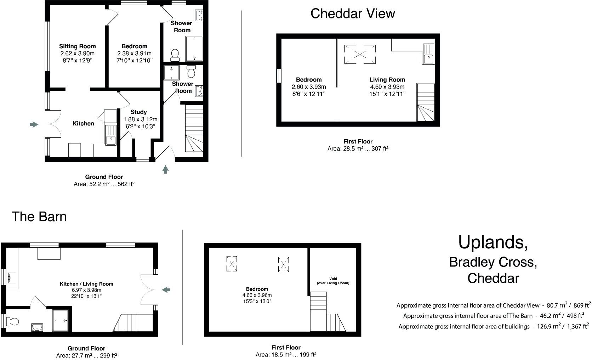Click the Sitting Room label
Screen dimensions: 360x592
coord(77,46)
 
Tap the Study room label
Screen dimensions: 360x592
coord(138,112)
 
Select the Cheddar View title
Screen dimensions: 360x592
coord(352,13)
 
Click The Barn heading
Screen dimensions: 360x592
coord(39,216)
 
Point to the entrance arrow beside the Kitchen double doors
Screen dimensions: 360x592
coord(34,124)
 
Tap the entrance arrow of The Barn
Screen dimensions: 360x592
coord(166,290)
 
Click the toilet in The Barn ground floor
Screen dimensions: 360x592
coord(13,321)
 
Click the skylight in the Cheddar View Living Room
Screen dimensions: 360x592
coord(360,54)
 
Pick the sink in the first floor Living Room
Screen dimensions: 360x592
coord(428,54)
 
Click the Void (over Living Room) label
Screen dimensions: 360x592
coord(333,281)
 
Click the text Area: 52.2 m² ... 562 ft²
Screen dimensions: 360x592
coord(104,184)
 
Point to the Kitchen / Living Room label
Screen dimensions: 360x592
coord(86,284)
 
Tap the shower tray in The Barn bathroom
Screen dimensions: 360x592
coord(61,320)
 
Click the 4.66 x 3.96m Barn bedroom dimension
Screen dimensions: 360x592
coord(257,295)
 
